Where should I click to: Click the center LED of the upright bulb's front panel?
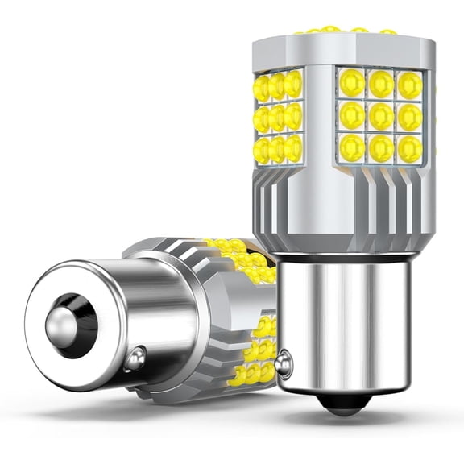coord(380,115)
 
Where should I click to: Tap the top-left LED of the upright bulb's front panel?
coord(352,82)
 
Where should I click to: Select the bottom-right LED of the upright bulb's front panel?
coord(409,147)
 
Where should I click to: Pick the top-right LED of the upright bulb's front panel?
coord(409,84)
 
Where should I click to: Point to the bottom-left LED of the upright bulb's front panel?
coord(352,146)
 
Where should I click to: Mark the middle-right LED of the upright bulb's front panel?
coord(409,116)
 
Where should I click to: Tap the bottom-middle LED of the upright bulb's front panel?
coord(380,147)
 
